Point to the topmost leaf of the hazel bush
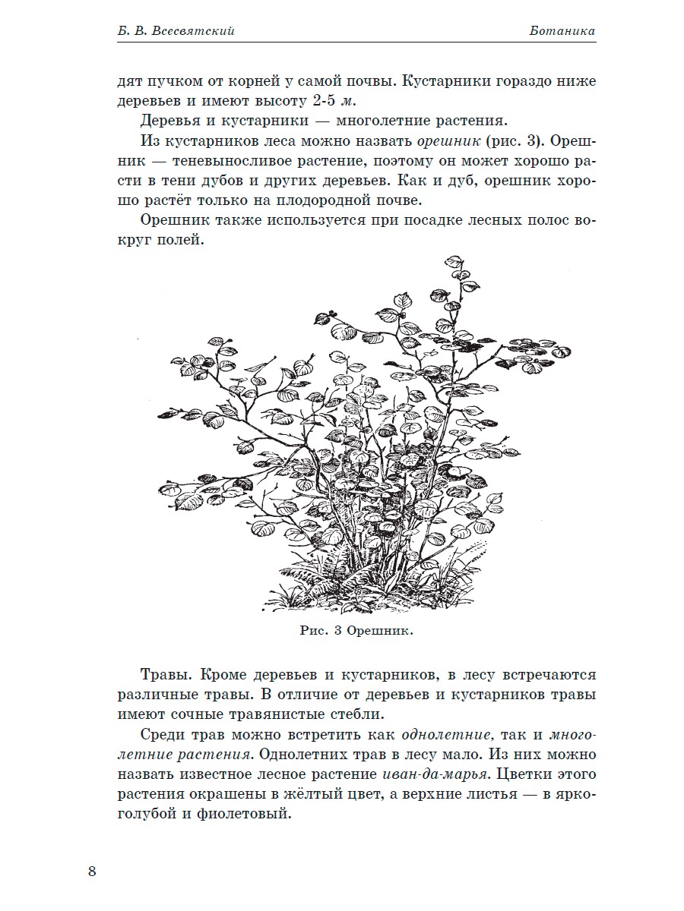point(454,262)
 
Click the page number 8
point(92,870)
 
